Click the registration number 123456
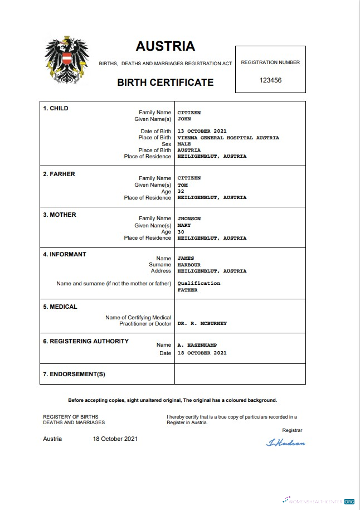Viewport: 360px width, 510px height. [x=270, y=80]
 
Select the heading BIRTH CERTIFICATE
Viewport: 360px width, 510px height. [x=165, y=82]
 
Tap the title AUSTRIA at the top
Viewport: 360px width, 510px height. [x=165, y=46]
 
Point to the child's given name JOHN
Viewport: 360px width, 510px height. [x=184, y=119]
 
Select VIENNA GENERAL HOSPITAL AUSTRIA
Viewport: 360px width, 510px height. [x=228, y=138]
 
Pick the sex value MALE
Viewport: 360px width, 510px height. [x=184, y=144]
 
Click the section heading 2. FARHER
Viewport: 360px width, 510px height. [x=59, y=174]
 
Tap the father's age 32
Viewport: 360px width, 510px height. [x=181, y=191]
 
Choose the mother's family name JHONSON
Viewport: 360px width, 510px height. [x=189, y=218]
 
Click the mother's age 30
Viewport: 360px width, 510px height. [x=181, y=232]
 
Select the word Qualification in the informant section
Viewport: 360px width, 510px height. [x=198, y=283]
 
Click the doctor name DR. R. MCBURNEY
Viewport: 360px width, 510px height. [x=202, y=323]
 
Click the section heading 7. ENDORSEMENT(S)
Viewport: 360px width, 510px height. [x=74, y=374]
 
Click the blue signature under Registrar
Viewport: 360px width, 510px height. [x=286, y=443]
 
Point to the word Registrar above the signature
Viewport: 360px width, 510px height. [x=292, y=430]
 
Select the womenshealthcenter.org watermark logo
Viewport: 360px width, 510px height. [x=318, y=501]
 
